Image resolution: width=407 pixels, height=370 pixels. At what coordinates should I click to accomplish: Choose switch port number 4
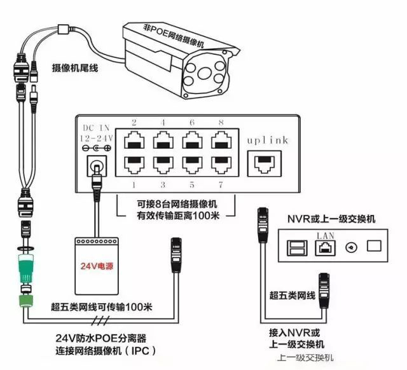point(164,140)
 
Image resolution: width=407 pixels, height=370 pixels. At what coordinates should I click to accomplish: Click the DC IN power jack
point(96,165)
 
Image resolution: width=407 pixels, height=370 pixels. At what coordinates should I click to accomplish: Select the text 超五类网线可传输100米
point(102,307)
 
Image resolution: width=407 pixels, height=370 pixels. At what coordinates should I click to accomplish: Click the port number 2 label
point(135,121)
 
